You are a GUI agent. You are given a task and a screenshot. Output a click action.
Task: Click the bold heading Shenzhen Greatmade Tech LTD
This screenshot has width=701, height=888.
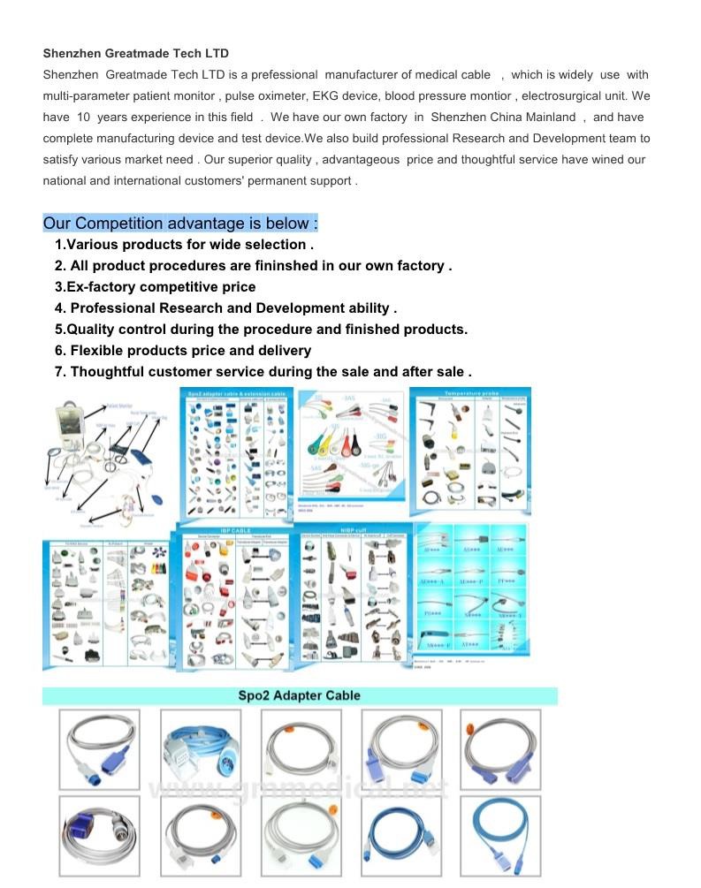135,54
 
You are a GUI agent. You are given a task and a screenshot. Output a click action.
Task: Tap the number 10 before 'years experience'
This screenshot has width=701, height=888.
83,118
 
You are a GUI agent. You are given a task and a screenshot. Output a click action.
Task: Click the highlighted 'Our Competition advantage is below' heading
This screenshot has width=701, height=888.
180,224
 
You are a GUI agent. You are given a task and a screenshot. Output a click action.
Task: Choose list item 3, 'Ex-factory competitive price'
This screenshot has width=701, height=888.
156,287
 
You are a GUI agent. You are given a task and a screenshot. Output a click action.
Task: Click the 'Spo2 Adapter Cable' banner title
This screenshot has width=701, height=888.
299,696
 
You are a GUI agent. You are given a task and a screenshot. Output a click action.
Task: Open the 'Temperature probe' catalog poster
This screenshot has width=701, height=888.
470,451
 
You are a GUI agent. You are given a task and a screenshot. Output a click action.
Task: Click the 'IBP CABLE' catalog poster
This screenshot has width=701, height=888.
232,595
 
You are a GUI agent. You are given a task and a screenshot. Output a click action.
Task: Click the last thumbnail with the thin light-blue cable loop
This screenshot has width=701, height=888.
500,837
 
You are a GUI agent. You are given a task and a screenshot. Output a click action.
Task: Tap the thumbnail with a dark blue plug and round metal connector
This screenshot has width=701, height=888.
99,837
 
